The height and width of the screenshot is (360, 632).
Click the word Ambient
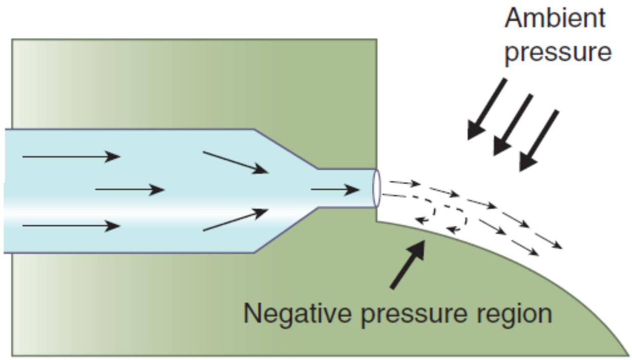click(555, 19)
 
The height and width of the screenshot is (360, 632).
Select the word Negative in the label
click(297, 314)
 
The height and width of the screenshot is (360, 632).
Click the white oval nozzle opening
click(377, 188)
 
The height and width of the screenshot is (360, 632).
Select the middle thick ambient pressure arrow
click(513, 124)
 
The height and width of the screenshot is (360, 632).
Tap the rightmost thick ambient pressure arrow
click(539, 140)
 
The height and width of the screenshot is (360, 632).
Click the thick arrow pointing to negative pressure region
click(408, 264)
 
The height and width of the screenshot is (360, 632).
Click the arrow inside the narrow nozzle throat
click(335, 190)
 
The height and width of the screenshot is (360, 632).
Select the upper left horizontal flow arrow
click(71, 157)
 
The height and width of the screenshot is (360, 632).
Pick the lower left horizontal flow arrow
click(71, 226)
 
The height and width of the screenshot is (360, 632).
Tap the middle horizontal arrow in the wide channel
click(130, 190)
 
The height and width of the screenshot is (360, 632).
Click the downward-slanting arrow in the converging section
click(235, 163)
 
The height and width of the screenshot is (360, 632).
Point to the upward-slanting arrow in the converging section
click(235, 220)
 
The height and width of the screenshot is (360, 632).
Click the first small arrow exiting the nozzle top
click(405, 183)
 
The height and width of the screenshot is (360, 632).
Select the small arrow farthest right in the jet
click(549, 241)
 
